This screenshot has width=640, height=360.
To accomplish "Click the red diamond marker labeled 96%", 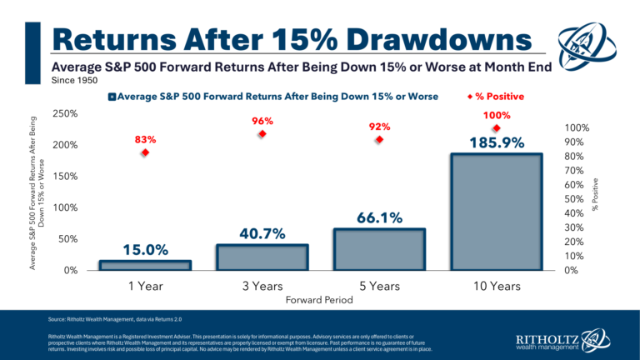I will [262, 133].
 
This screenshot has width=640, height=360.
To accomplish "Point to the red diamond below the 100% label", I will [496, 128].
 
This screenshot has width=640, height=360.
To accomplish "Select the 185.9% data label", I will [496, 142].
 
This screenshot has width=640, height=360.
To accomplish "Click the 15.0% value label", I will [145, 249].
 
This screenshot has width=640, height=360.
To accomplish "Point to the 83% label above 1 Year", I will [145, 139].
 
